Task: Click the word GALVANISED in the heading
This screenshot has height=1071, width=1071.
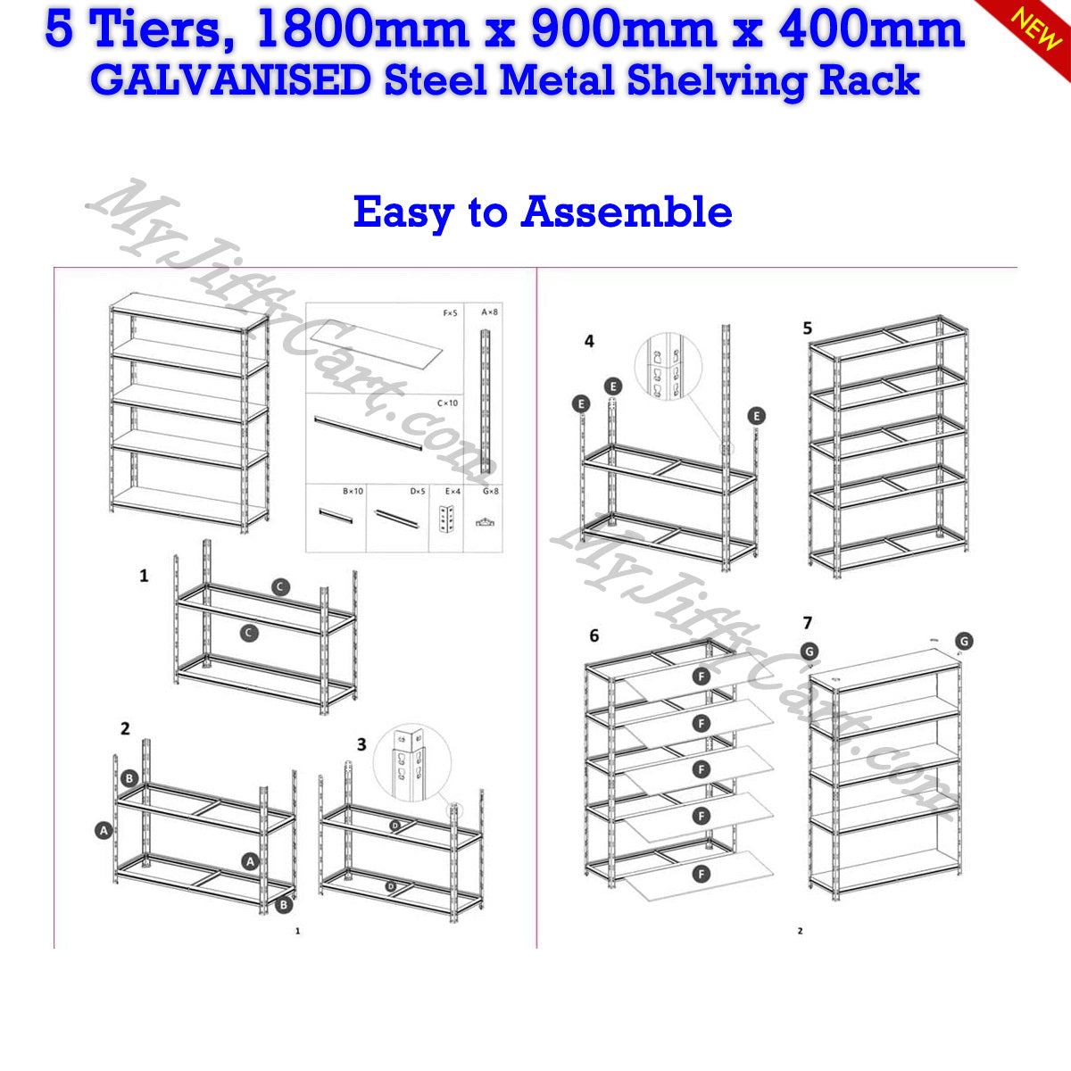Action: pos(230,80)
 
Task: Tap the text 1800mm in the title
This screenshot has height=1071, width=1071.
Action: pos(361,29)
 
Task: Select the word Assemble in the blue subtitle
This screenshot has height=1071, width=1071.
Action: pos(627,212)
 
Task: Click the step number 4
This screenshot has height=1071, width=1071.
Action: pos(589,341)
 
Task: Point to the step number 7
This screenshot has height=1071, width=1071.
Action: pos(808,622)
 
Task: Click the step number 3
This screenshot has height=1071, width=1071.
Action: pos(361,743)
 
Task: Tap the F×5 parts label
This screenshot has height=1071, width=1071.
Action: pos(451,313)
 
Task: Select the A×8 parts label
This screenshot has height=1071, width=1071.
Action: pos(490,312)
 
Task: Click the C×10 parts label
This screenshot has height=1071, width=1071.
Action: pos(447,403)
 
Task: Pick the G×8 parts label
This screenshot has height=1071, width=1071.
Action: pos(490,491)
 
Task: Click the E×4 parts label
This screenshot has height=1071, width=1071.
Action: pos(452,491)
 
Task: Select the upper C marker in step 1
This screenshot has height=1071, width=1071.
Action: pos(280,586)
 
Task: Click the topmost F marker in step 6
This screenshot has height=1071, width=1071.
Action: pos(702,677)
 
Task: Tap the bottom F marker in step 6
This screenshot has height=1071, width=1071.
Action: pos(702,873)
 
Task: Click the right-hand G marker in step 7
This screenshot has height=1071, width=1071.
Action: pos(963,641)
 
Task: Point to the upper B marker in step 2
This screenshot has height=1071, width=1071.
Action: pos(129,778)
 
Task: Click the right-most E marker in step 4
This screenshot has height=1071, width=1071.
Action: pos(757,416)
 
